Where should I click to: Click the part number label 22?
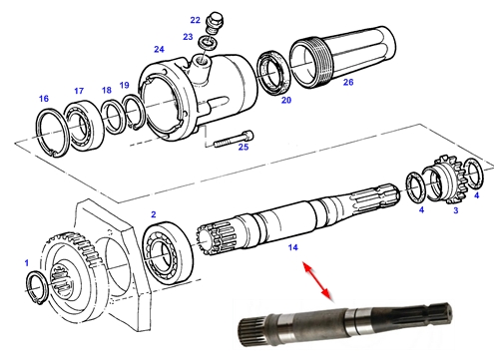(x=195, y=20)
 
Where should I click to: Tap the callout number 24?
(x=159, y=49)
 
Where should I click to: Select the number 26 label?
(x=348, y=82)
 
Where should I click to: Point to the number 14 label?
(x=292, y=247)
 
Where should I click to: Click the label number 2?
(x=154, y=214)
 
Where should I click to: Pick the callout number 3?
(x=456, y=210)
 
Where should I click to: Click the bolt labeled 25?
(x=234, y=139)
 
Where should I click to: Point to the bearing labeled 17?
(x=83, y=124)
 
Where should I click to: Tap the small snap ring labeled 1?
(x=29, y=285)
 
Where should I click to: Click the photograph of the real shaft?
(x=345, y=325)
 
